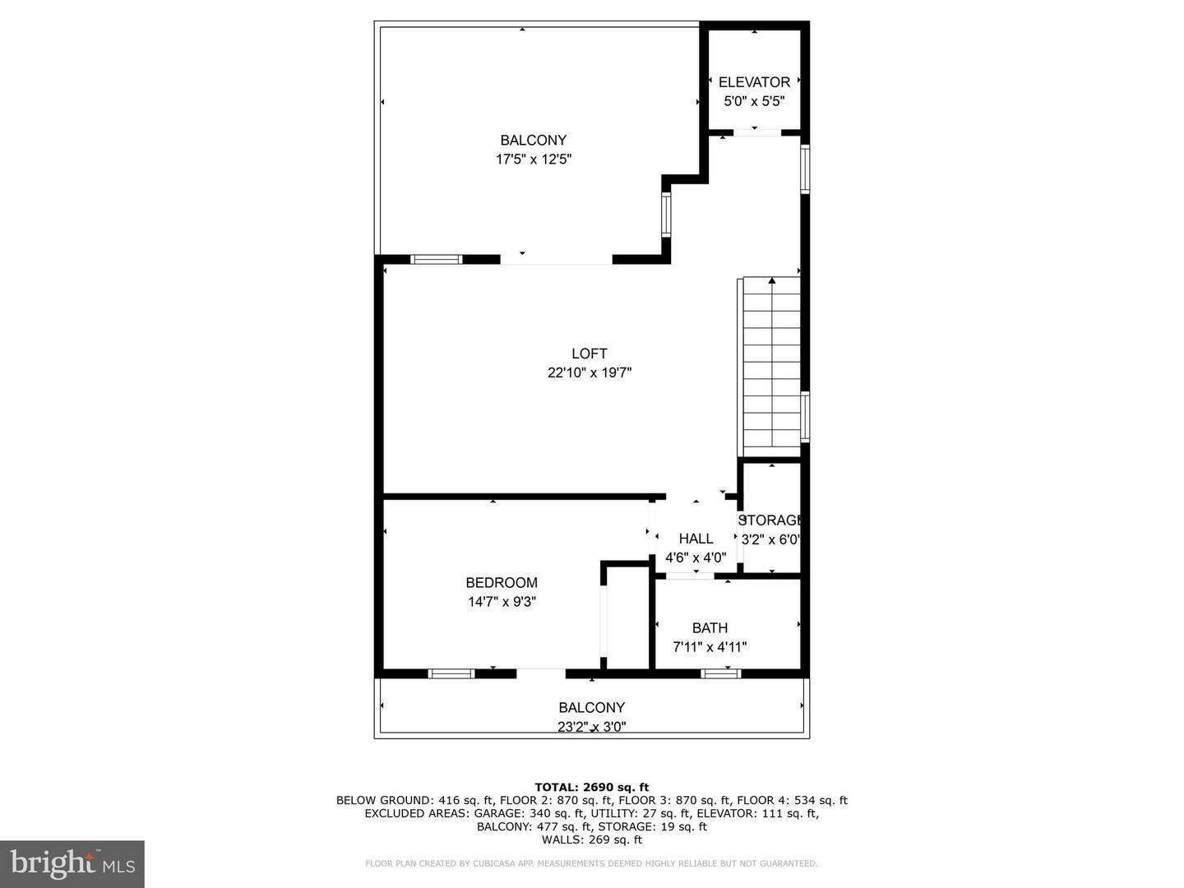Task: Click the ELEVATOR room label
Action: click(x=754, y=82)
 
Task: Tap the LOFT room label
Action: click(x=589, y=354)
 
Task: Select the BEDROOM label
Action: click(x=502, y=583)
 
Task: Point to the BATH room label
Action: click(x=710, y=628)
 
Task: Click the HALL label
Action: click(x=696, y=539)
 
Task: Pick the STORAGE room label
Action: click(x=770, y=520)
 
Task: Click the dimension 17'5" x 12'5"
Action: click(x=534, y=160)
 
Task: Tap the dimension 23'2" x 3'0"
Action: click(x=592, y=727)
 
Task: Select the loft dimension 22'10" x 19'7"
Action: click(x=590, y=372)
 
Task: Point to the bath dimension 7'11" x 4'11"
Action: click(x=710, y=647)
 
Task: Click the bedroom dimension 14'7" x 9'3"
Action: click(x=502, y=602)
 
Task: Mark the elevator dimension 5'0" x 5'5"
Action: click(x=754, y=101)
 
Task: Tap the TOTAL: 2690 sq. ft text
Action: click(x=592, y=788)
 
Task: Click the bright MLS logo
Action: click(x=72, y=864)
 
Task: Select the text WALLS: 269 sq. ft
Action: click(x=592, y=839)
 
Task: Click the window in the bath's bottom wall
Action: click(x=720, y=673)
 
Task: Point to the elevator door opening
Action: click(x=757, y=132)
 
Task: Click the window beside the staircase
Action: click(x=805, y=417)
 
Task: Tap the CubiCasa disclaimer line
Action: click(x=591, y=863)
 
